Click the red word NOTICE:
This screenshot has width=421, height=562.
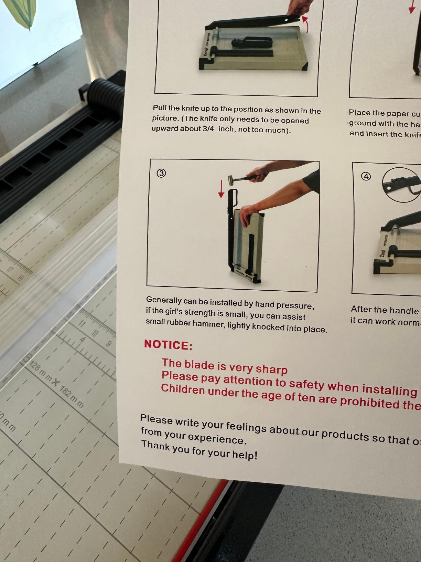(168, 344)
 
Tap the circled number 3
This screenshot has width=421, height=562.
(161, 173)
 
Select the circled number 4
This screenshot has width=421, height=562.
(366, 177)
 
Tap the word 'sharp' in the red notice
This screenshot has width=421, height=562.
(271, 369)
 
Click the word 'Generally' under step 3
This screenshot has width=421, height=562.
(163, 300)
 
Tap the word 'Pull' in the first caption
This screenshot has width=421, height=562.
(159, 108)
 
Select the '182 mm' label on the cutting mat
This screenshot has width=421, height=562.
(72, 397)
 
